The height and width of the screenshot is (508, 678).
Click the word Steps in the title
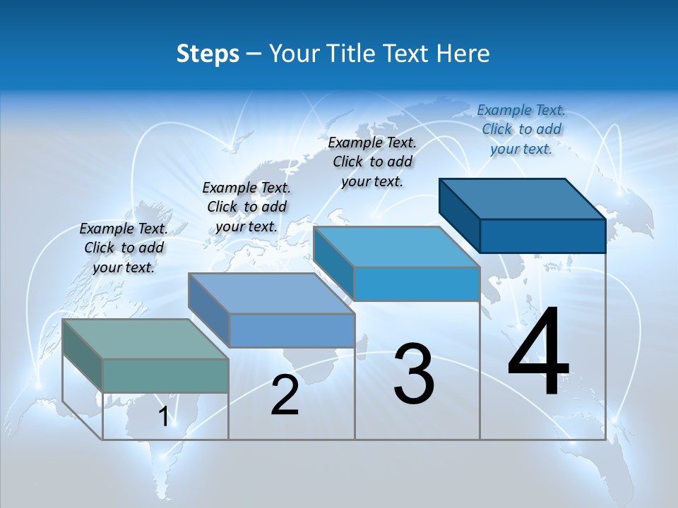click(208, 54)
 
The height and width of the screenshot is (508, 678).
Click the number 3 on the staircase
click(414, 374)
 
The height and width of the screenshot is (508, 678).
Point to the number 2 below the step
click(285, 395)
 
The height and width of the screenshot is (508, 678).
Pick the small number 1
click(163, 417)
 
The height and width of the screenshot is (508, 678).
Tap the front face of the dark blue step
click(542, 236)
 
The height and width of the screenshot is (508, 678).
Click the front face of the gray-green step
click(165, 375)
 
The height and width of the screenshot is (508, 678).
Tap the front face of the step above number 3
click(417, 284)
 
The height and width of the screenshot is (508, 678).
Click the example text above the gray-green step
click(124, 248)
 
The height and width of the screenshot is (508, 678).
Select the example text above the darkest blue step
click(521, 129)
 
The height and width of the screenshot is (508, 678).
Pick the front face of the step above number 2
click(292, 330)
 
